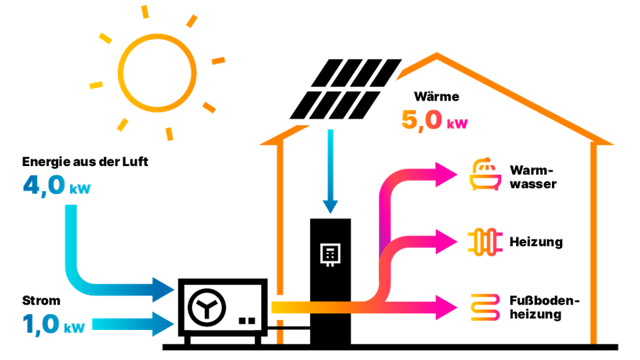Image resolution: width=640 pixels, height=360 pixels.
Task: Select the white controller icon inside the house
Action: click(330, 255)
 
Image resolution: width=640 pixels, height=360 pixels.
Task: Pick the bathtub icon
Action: click(487, 175)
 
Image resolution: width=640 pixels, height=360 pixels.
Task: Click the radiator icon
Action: click(487, 241)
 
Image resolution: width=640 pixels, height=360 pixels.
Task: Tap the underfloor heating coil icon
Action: click(487, 307)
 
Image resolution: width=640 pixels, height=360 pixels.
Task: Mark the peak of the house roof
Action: click(437, 56)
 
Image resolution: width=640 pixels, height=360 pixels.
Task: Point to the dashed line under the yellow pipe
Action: click(280, 331)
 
